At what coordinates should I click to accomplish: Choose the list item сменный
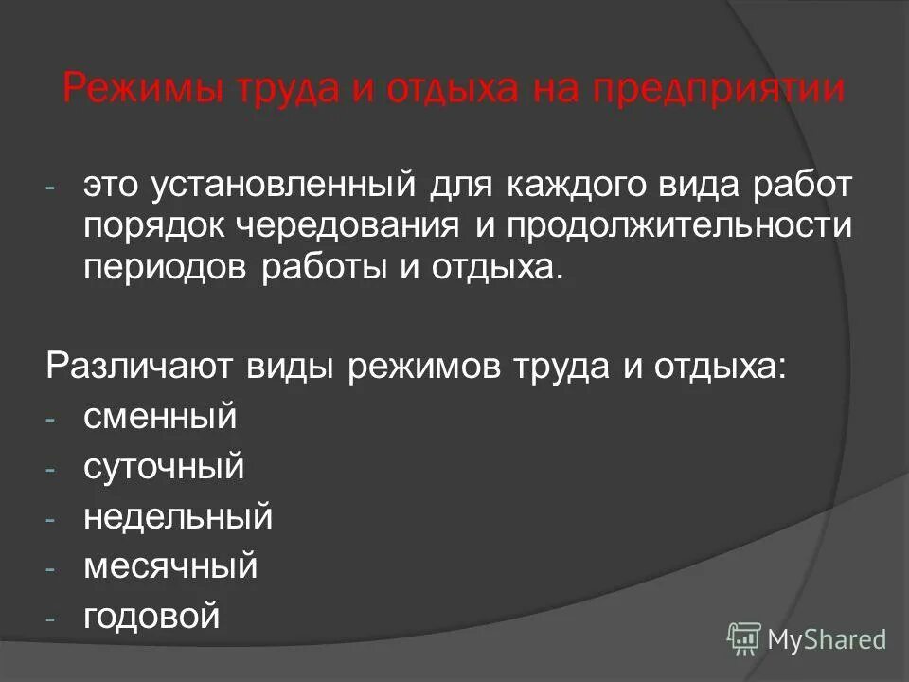tap(159, 417)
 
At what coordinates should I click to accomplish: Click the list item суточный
tap(164, 467)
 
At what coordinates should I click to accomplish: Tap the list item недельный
tap(178, 517)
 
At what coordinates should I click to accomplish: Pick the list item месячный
tap(170, 567)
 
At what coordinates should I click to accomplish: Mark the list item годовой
tap(151, 618)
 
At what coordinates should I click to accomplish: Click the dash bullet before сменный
tap(52, 419)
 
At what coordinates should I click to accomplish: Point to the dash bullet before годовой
tap(52, 619)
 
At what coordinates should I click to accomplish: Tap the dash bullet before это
tap(52, 188)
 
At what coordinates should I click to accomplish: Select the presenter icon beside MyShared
tap(744, 639)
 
